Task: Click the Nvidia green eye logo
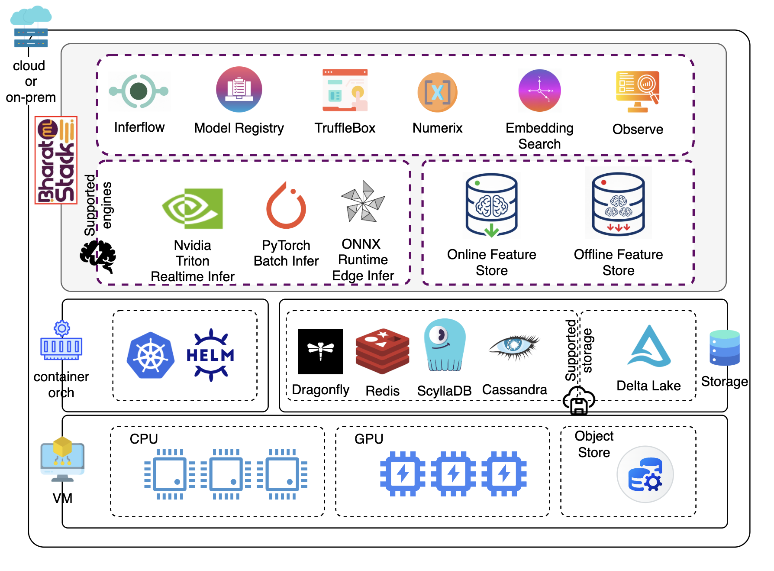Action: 192,208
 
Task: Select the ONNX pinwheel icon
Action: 363,201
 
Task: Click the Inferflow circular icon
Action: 139,91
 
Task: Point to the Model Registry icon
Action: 239,89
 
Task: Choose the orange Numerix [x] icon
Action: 437,92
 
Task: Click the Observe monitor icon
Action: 638,91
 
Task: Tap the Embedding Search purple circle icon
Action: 539,91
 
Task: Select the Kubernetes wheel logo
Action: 150,355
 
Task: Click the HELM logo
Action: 210,355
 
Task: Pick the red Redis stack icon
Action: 382,351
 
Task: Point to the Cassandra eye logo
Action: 514,346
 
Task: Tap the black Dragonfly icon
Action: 320,351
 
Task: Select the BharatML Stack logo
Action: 56,160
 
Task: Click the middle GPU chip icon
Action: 453,474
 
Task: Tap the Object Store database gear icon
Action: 645,474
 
